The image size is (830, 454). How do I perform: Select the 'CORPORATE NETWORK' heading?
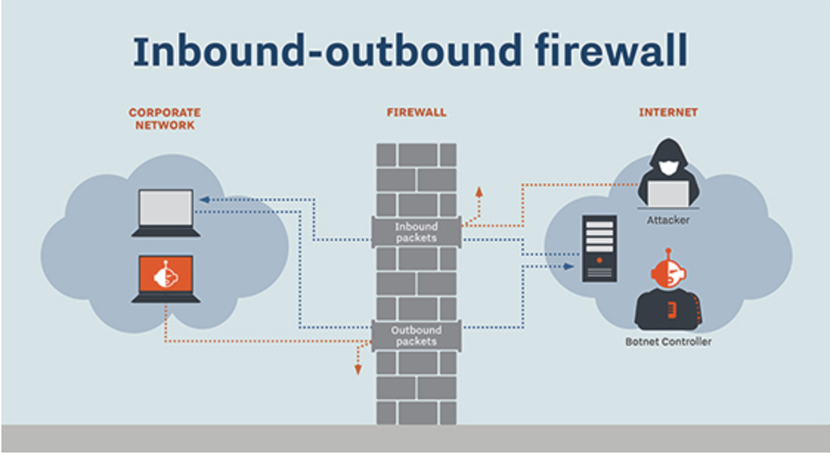click(164, 119)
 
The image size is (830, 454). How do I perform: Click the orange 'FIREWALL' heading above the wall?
click(416, 113)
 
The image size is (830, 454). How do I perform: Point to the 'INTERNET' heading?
click(668, 113)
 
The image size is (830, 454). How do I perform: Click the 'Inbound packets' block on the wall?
click(416, 232)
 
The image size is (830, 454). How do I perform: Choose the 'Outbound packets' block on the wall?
click(416, 336)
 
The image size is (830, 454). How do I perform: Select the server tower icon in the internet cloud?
click(599, 248)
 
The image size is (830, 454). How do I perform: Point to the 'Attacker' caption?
click(668, 220)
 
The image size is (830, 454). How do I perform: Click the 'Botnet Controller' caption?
click(668, 342)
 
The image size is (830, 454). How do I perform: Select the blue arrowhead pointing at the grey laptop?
click(204, 200)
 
